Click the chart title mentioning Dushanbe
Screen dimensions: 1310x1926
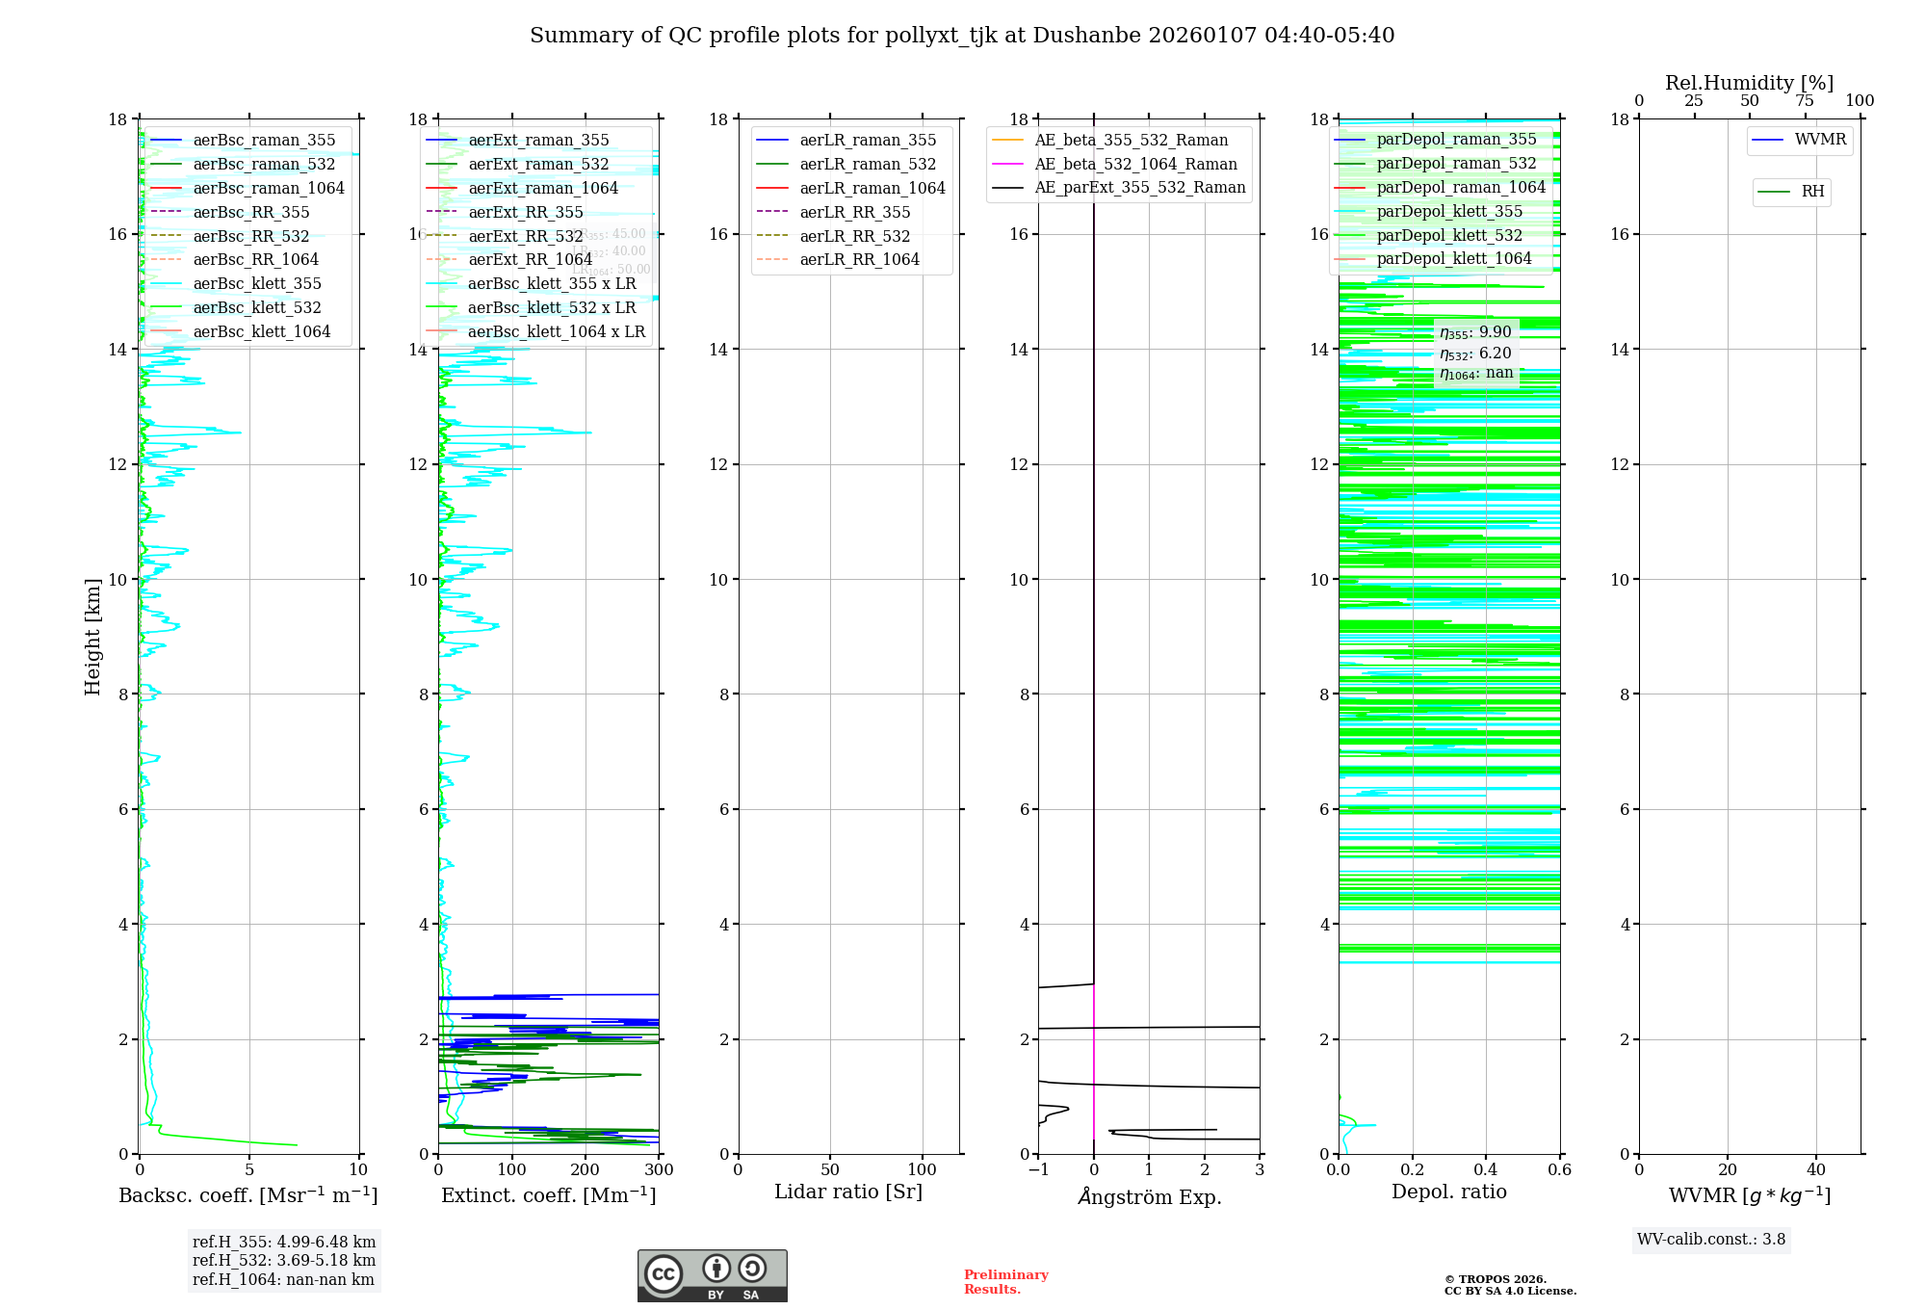tap(962, 36)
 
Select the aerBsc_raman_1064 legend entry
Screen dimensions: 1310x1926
tap(268, 188)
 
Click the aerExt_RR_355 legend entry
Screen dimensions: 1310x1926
tap(525, 212)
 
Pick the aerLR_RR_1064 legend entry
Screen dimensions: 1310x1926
tap(859, 259)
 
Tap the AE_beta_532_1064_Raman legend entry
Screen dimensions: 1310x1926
tap(1135, 164)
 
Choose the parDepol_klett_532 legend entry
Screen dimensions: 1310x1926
tap(1449, 235)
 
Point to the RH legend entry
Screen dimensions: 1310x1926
tap(1812, 192)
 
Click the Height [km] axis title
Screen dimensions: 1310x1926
tap(92, 637)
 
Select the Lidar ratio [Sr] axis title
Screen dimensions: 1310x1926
tap(848, 1192)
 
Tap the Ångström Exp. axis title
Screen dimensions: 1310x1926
tap(1149, 1196)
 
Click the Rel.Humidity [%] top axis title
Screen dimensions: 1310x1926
tap(1749, 83)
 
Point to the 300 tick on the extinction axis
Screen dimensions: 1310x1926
tap(659, 1169)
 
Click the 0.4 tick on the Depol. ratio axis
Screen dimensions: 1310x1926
tap(1486, 1169)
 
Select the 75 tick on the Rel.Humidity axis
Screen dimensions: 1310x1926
tap(1805, 101)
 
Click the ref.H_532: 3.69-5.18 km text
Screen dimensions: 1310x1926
tap(284, 1260)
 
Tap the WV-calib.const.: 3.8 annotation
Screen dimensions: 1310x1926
tap(1711, 1240)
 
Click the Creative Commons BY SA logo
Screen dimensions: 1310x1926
tap(712, 1275)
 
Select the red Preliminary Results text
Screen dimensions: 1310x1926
tap(1005, 1281)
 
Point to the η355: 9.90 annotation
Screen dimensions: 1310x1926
tap(1475, 332)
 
